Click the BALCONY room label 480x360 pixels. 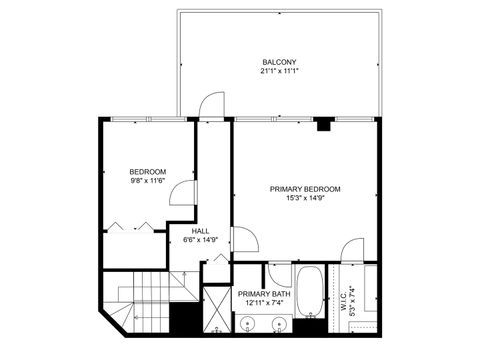point(279,61)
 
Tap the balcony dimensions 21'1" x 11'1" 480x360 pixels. point(279,71)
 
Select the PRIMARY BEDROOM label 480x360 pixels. point(305,189)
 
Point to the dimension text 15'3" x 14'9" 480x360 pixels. point(305,198)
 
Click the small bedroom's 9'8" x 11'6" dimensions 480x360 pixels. point(147,181)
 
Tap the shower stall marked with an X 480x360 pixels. point(216,311)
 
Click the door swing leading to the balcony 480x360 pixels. point(208,105)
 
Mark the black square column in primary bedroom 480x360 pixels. point(323,125)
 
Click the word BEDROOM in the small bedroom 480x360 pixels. point(147,171)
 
